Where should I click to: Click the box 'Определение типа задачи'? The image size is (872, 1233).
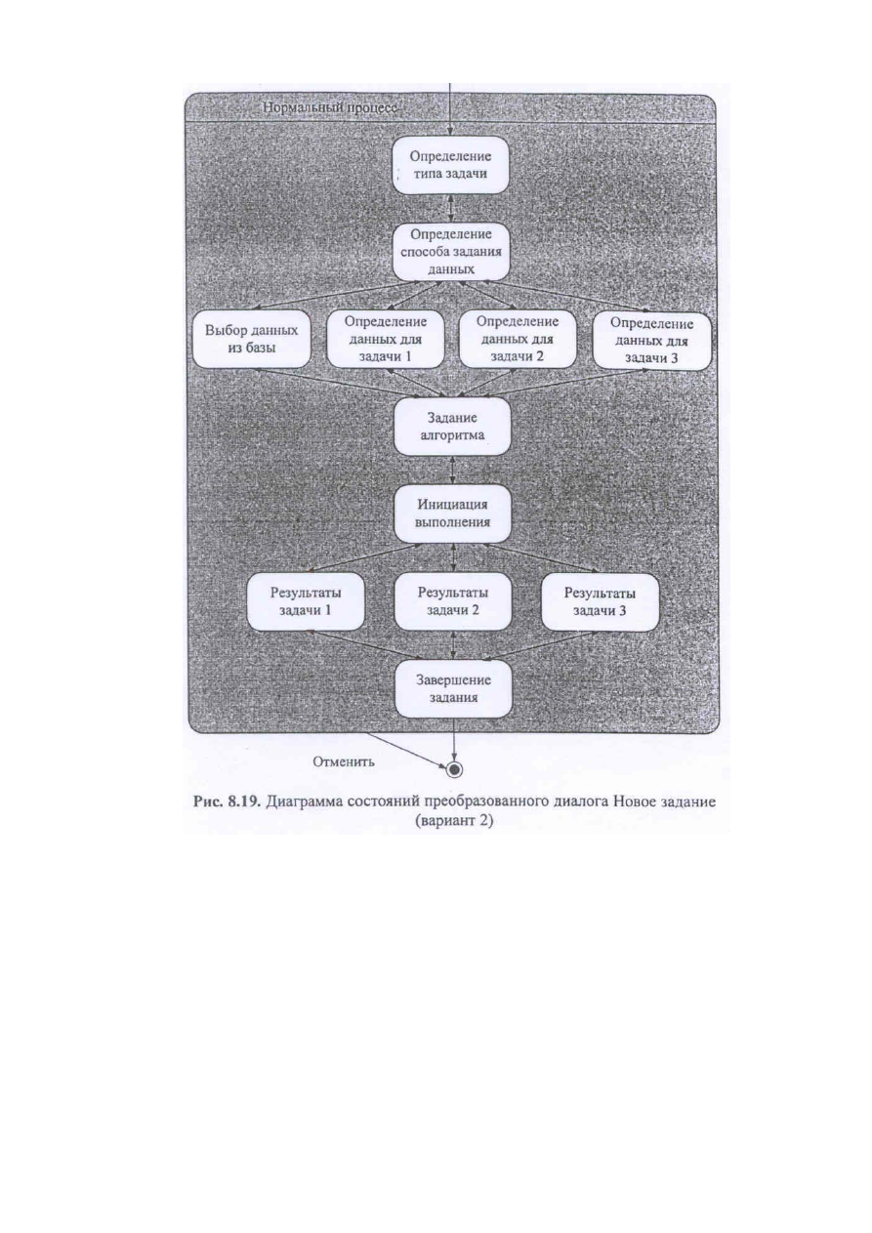click(450, 165)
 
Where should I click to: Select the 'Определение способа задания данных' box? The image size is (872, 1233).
click(451, 252)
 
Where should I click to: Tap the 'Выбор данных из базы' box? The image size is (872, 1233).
click(251, 339)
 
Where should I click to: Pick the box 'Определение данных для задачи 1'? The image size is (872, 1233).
click(386, 339)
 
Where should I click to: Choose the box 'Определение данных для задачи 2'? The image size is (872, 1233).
click(518, 339)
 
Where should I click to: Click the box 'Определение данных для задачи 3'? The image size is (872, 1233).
click(651, 341)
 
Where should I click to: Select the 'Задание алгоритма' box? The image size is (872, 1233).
click(452, 427)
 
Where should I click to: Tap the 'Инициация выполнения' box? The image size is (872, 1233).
click(452, 514)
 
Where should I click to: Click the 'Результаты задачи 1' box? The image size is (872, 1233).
click(306, 601)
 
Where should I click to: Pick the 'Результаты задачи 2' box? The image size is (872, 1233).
click(452, 601)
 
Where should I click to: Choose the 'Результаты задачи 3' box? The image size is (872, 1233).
click(601, 601)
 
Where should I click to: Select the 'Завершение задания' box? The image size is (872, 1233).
click(454, 688)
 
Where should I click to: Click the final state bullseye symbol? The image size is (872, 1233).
click(454, 768)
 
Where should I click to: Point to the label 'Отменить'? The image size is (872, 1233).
click(344, 761)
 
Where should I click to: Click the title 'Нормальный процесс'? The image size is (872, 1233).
click(330, 108)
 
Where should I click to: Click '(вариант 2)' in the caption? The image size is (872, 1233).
click(454, 821)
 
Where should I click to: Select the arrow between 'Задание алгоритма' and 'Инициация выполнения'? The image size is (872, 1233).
click(452, 471)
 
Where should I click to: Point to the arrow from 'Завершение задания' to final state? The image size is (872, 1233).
click(454, 739)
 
